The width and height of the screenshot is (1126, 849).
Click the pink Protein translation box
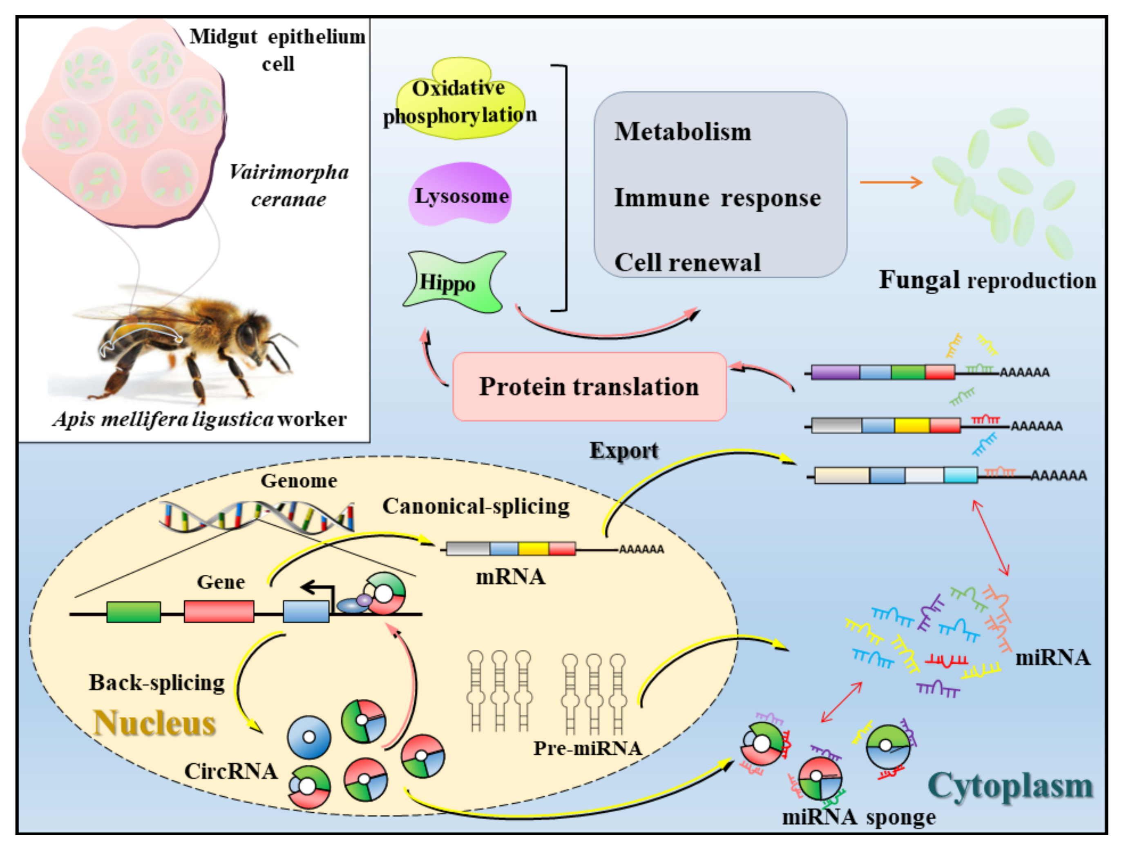(589, 387)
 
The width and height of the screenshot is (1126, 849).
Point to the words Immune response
(717, 198)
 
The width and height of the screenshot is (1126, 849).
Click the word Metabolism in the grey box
(682, 132)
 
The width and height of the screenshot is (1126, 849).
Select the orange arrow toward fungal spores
(891, 182)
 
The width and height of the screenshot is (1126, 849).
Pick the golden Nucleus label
(155, 723)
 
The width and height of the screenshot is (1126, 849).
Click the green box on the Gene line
(133, 611)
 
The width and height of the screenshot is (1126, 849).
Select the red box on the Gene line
(219, 611)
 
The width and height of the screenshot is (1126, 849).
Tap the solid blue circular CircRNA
(308, 737)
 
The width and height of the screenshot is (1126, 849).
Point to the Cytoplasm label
(1010, 786)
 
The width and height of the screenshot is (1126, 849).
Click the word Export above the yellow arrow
(623, 451)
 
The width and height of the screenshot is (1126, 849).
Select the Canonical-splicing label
(476, 506)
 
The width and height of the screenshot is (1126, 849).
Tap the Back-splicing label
(157, 682)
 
